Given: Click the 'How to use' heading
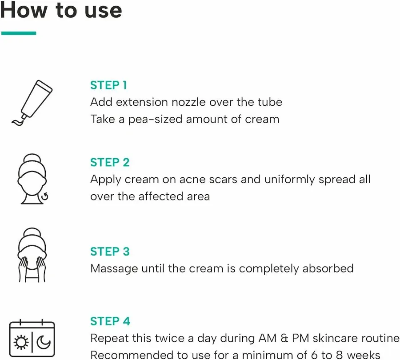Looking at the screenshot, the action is [61, 10].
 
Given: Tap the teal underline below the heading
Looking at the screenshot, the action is [19, 33].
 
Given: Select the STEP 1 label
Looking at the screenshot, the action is [108, 85].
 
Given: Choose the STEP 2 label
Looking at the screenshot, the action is [110, 163].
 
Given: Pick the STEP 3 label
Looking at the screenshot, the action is [110, 252].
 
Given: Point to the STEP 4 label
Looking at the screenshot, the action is [110, 321].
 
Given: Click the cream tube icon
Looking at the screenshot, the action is [32, 103].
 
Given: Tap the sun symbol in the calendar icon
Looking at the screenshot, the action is [21, 342].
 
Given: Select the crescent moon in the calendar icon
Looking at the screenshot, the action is [44, 342].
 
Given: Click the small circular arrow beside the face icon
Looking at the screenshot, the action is [45, 197].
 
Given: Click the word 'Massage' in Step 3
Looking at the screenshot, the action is [114, 269].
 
